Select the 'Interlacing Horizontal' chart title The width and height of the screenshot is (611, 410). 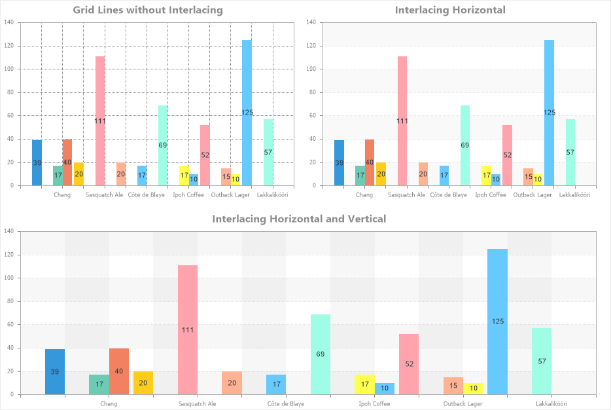(x=450, y=10)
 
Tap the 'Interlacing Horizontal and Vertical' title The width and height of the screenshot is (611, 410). (x=299, y=219)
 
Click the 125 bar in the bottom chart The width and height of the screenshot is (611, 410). (x=497, y=321)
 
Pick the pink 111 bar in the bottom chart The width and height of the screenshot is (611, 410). (x=188, y=329)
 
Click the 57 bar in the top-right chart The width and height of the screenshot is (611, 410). (x=570, y=153)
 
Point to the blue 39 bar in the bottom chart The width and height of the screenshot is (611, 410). (x=55, y=371)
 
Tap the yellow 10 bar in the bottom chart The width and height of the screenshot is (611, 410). (x=474, y=388)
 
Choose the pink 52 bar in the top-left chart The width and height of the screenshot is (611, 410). (x=205, y=155)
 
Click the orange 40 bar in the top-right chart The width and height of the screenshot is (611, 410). (x=370, y=162)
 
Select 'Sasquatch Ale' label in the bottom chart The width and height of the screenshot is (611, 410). (x=197, y=403)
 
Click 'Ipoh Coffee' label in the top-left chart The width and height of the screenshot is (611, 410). (x=188, y=195)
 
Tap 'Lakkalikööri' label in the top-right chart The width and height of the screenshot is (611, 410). (x=575, y=195)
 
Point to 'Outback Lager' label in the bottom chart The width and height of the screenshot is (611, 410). (x=463, y=403)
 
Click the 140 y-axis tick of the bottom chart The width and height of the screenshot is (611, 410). (x=9, y=231)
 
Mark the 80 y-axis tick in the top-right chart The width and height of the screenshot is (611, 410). (x=311, y=92)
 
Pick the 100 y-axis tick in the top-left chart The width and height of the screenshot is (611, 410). (x=9, y=69)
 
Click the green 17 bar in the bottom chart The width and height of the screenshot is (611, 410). (x=99, y=384)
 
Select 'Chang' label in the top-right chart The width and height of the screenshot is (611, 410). (x=364, y=195)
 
